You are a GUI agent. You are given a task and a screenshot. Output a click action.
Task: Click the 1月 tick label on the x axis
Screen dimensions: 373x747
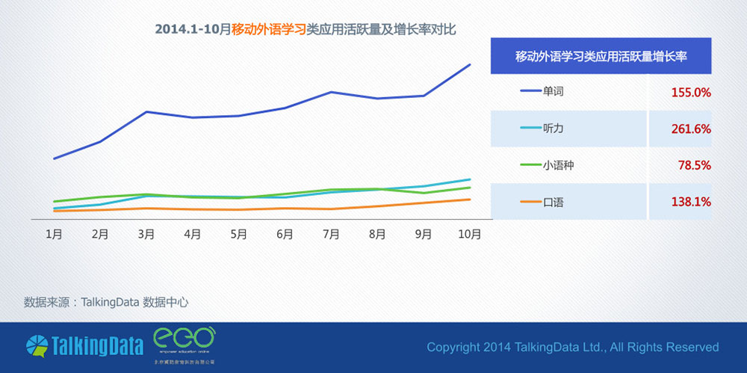click(54, 234)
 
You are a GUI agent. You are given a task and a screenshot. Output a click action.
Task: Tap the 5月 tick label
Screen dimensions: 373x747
click(238, 234)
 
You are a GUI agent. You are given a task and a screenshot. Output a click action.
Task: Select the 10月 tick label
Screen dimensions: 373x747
click(469, 234)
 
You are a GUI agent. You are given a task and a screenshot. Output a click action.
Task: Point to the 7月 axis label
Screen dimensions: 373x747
click(331, 234)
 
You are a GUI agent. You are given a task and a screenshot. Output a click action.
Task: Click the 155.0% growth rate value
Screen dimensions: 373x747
click(690, 93)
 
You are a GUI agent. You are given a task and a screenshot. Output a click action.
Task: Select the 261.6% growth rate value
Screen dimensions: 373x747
click(690, 129)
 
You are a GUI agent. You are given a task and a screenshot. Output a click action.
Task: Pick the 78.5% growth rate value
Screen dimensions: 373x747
click(693, 165)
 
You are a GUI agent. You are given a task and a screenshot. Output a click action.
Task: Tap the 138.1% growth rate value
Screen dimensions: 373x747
click(690, 202)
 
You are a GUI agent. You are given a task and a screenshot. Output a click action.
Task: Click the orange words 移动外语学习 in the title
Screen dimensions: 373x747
click(269, 30)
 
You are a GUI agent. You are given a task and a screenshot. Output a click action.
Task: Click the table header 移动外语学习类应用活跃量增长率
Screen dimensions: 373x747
click(601, 56)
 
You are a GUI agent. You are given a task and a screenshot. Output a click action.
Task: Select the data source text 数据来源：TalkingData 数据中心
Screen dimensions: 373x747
click(106, 303)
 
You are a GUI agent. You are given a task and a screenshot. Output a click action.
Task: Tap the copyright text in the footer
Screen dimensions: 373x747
click(572, 347)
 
